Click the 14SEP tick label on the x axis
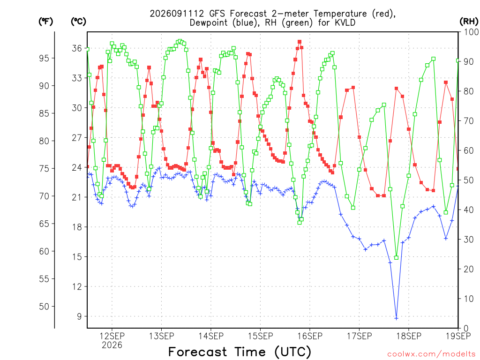[x=211, y=336]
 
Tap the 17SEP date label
[x=360, y=336]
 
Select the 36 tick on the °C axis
[x=77, y=48]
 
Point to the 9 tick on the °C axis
[x=79, y=316]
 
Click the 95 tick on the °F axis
[x=44, y=58]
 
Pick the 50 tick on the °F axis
[x=44, y=306]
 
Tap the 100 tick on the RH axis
[x=471, y=32]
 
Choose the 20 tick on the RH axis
[x=469, y=269]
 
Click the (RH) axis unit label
[x=469, y=21]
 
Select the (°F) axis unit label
[x=45, y=21]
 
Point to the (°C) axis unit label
[x=78, y=21]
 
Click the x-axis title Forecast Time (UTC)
[x=240, y=352]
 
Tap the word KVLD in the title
[x=345, y=22]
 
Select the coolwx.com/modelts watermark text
[x=431, y=354]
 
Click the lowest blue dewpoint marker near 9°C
[x=397, y=318]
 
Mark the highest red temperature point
[x=300, y=42]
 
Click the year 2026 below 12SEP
[x=112, y=345]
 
